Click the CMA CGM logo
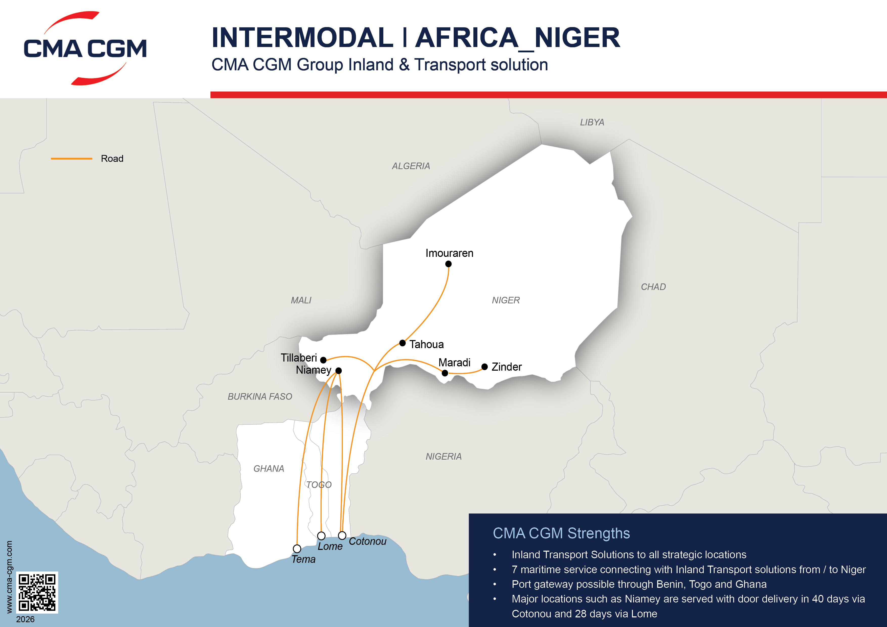(x=85, y=48)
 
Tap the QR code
(x=37, y=592)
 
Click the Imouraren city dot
(x=448, y=264)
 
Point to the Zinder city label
(x=506, y=367)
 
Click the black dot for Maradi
(x=445, y=373)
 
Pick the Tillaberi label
(x=299, y=358)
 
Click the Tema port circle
(x=297, y=549)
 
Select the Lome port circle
(x=321, y=536)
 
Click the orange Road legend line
(x=72, y=158)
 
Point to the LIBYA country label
(x=592, y=122)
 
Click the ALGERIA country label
(x=411, y=166)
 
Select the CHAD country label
(x=653, y=287)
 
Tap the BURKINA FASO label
(x=260, y=397)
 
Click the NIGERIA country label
(x=443, y=457)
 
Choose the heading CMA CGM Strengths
(x=561, y=533)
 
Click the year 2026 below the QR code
(x=25, y=619)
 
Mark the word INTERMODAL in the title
(x=302, y=38)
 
